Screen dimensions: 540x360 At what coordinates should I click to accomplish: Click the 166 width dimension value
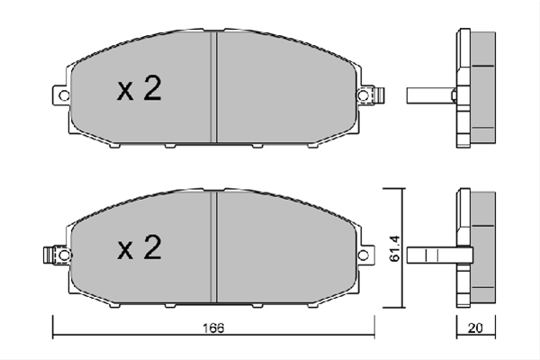click(x=213, y=328)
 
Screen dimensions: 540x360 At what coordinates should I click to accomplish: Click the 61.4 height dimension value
click(x=395, y=248)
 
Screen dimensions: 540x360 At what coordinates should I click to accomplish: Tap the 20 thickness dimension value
click(x=475, y=328)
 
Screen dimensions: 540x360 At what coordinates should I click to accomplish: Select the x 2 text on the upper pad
click(x=139, y=88)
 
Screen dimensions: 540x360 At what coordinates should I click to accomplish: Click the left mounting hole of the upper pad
click(x=64, y=95)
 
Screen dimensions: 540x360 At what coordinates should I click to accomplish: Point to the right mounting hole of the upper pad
click(x=363, y=95)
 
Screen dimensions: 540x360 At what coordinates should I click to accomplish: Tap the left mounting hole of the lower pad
click(x=64, y=256)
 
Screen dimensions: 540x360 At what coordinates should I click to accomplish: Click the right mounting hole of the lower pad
click(x=363, y=256)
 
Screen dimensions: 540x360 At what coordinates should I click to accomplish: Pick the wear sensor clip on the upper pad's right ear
click(x=380, y=95)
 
